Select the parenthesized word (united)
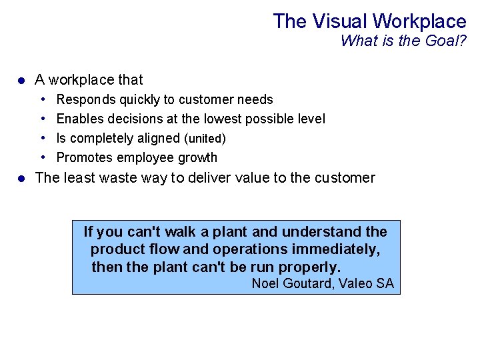pos(205,139)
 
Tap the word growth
pos(196,157)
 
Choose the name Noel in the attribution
pos(265,283)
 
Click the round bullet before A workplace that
pos(21,81)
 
